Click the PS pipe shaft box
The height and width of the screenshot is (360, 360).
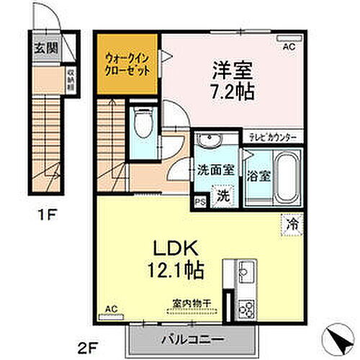point(199,203)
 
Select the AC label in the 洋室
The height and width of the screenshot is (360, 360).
point(288,47)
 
